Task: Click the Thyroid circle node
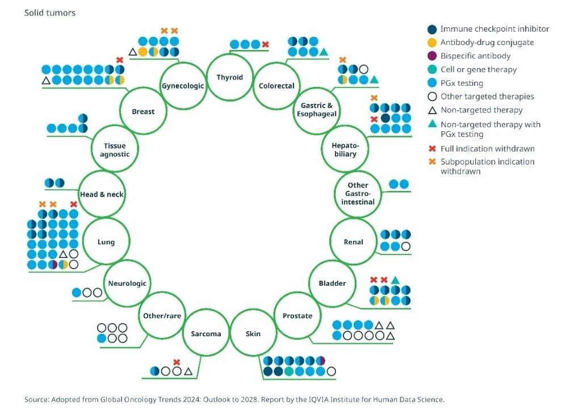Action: click(x=229, y=77)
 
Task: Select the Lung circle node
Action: click(x=106, y=241)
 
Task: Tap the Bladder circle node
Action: click(x=332, y=283)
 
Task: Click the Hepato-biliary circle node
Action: click(x=345, y=149)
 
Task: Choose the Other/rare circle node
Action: click(x=161, y=316)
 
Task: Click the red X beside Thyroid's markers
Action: click(x=265, y=44)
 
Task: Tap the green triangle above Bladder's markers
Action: click(x=395, y=279)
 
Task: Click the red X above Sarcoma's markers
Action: click(x=177, y=362)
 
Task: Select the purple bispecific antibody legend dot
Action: click(x=433, y=56)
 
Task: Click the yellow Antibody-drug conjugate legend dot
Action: click(x=433, y=42)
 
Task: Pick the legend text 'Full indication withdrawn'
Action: click(x=487, y=149)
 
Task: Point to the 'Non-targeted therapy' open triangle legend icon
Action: click(x=433, y=110)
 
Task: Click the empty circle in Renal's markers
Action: click(x=405, y=247)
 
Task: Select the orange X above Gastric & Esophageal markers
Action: click(x=342, y=60)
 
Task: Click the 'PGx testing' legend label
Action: click(x=462, y=83)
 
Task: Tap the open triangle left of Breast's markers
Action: click(x=46, y=81)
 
